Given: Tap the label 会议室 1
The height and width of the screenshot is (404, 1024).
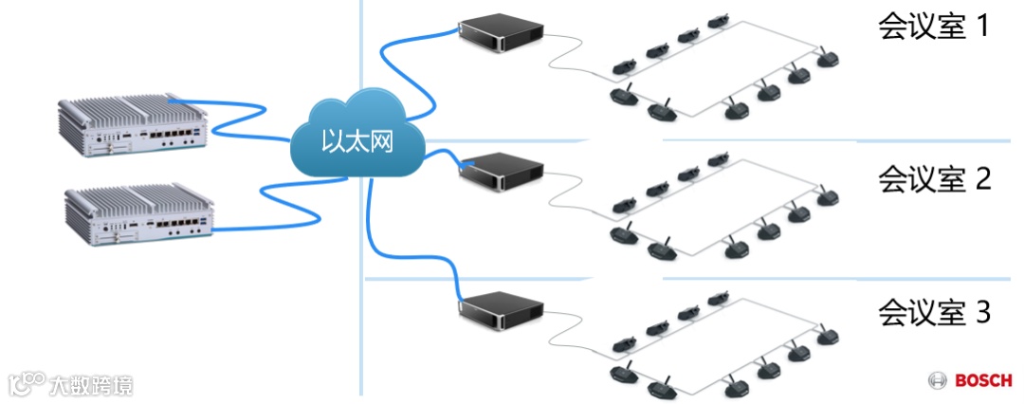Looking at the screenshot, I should [x=933, y=27].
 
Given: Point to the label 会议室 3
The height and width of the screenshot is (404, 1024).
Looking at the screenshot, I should [x=935, y=311].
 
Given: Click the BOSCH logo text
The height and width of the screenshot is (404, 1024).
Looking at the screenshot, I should [x=982, y=381].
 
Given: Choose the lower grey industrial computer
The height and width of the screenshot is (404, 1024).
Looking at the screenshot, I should [x=140, y=214].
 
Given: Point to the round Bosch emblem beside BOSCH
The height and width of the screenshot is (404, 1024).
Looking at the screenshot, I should [x=938, y=381].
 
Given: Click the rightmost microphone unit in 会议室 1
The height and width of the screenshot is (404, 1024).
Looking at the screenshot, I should [x=827, y=61].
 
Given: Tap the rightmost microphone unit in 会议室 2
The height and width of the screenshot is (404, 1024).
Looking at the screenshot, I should [x=827, y=196].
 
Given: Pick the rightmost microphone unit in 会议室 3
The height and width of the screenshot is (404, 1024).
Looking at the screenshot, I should [x=827, y=334].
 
